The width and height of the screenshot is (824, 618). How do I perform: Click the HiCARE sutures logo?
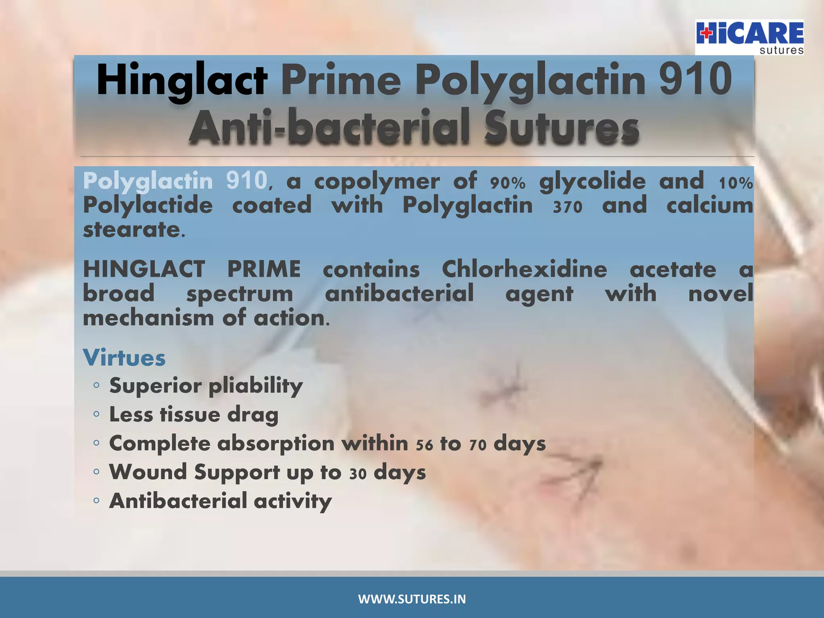pyautogui.click(x=750, y=37)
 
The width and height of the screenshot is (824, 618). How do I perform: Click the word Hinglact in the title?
pyautogui.click(x=182, y=80)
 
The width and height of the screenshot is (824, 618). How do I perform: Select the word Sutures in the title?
pyautogui.click(x=562, y=127)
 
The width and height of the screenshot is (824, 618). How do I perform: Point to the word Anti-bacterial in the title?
pyautogui.click(x=329, y=127)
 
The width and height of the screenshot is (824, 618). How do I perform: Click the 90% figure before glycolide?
pyautogui.click(x=508, y=183)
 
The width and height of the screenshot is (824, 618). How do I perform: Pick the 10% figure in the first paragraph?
pyautogui.click(x=736, y=183)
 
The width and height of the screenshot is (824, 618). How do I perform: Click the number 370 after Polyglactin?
pyautogui.click(x=567, y=207)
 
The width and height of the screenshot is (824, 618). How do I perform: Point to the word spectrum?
pyautogui.click(x=239, y=294)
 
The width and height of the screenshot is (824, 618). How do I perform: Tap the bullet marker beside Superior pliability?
pyautogui.click(x=96, y=385)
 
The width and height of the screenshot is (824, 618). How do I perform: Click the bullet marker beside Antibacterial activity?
pyautogui.click(x=96, y=501)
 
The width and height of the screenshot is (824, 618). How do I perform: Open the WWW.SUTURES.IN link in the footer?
pyautogui.click(x=412, y=599)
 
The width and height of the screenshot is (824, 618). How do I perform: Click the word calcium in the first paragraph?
pyautogui.click(x=710, y=205)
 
